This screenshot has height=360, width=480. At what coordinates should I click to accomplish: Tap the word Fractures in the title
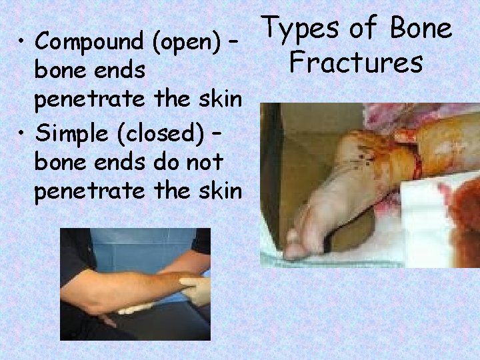[356, 63]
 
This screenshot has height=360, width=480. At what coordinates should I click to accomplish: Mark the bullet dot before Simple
[23, 134]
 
